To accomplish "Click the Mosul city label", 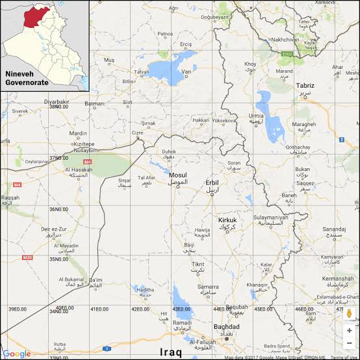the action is pyautogui.click(x=177, y=175).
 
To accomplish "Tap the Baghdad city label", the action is pyautogui.click(x=226, y=327).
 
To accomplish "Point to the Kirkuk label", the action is pyautogui.click(x=227, y=220).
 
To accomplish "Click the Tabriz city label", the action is pyautogui.click(x=305, y=86).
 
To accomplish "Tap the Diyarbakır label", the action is pyautogui.click(x=56, y=102).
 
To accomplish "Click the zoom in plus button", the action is pyautogui.click(x=349, y=329).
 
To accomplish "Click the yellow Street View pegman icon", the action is pyautogui.click(x=349, y=313).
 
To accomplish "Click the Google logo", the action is pyautogui.click(x=16, y=354).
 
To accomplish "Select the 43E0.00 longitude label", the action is pyautogui.click(x=181, y=309).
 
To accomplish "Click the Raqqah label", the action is pyautogui.click(x=10, y=198).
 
